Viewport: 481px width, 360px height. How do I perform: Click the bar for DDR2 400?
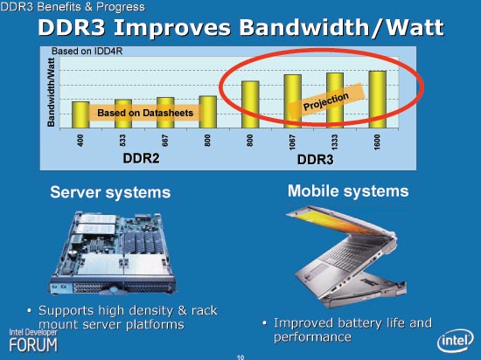click(80, 114)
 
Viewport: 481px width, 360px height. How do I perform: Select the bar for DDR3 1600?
click(377, 100)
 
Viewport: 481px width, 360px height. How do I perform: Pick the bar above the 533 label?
click(123, 114)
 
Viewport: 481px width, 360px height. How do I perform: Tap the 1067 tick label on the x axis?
click(292, 142)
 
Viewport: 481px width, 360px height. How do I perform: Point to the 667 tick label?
click(165, 141)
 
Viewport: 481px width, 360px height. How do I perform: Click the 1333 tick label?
click(335, 142)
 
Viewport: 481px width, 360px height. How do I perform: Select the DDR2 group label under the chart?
click(141, 158)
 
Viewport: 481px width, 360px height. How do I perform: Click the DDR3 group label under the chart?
click(316, 160)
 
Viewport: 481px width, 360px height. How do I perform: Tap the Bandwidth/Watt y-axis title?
click(52, 93)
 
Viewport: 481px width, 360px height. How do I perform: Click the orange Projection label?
click(326, 101)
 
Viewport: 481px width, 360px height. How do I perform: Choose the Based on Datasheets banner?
click(145, 113)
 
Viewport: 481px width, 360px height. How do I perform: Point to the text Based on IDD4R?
click(87, 52)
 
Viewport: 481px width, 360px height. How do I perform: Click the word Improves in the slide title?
click(171, 28)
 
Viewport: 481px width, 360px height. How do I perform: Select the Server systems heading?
click(110, 192)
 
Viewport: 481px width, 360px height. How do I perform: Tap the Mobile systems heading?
click(348, 190)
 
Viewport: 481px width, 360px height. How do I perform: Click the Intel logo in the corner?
click(456, 341)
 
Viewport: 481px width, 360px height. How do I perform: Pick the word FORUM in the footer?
click(33, 344)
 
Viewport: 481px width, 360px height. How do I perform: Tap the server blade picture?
click(113, 253)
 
